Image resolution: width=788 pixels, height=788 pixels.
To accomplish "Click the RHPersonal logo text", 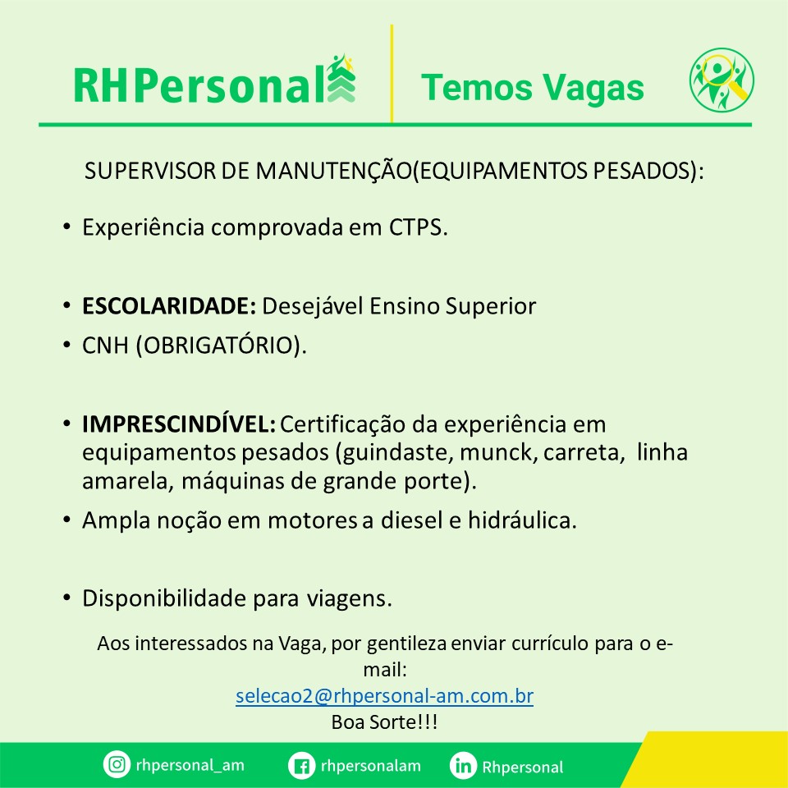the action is (199, 86).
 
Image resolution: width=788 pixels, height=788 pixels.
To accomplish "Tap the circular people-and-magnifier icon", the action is (722, 80).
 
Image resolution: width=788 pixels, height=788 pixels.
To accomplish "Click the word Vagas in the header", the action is (594, 87).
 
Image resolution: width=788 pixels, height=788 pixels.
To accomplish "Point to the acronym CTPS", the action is (417, 227).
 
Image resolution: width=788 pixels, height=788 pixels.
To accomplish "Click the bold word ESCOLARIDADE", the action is (169, 306).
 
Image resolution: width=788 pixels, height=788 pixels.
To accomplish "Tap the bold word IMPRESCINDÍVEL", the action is (178, 424).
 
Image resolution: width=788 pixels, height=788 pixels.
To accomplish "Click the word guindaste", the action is (399, 453).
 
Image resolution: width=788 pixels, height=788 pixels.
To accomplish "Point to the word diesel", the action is (411, 520).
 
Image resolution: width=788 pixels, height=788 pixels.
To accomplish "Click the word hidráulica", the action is (521, 520).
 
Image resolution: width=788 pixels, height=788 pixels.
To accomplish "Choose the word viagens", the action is (349, 599).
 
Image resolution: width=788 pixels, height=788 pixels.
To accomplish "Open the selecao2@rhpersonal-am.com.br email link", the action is (384, 696).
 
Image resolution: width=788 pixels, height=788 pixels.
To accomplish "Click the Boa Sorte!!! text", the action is (384, 722).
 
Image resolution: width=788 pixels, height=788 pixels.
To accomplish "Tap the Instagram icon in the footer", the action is (117, 764).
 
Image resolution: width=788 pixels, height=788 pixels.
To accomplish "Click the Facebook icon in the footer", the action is (301, 766).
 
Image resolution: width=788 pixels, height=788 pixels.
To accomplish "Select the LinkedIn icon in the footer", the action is (463, 766).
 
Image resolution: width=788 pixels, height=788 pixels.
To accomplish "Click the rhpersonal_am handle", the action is (190, 765).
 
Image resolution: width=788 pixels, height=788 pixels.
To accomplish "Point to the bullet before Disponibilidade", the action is (66, 598).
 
